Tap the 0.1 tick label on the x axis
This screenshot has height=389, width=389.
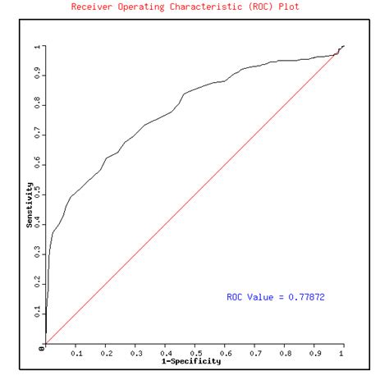click(x=76, y=354)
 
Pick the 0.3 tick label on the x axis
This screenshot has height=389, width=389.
click(x=135, y=354)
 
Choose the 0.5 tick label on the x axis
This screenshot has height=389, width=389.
click(x=194, y=354)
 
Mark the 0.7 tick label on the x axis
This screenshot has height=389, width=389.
click(x=254, y=354)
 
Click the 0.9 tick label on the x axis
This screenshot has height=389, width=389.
click(x=313, y=354)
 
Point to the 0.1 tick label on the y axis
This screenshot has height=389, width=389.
click(x=37, y=313)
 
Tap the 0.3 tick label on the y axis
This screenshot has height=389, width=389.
click(x=37, y=254)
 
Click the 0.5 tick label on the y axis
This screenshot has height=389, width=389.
click(x=37, y=194)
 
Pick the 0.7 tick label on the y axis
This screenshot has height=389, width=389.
click(x=37, y=135)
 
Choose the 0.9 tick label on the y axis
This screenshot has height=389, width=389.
click(x=37, y=76)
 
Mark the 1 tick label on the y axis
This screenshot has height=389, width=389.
click(x=37, y=47)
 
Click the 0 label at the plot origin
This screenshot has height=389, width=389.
click(x=39, y=348)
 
